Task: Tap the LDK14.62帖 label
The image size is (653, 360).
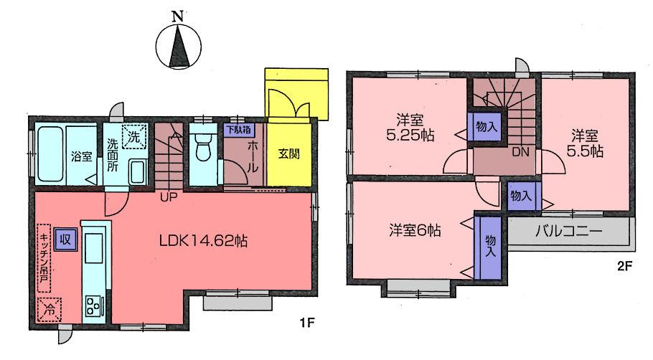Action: pos(203,242)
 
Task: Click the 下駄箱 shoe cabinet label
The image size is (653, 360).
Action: pos(237,131)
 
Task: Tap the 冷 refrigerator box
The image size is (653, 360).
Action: pos(50,310)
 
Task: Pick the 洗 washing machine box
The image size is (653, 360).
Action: pos(134,134)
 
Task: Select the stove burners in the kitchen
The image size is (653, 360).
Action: pos(93,306)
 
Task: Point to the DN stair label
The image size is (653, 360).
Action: pos(521,152)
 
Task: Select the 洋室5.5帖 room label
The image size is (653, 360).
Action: pos(587,143)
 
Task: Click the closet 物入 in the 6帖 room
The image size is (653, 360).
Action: pos(490,246)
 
